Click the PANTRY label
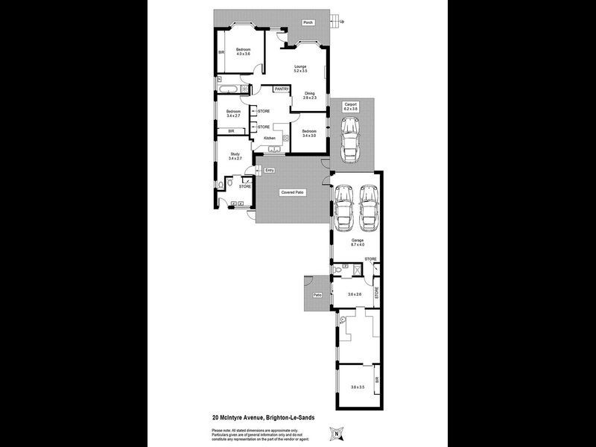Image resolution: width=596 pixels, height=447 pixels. tap(281, 89)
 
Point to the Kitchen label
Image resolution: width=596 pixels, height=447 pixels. tap(269, 138)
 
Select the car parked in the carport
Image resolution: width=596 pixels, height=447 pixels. tap(350, 140)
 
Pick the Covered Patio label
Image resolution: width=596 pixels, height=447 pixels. tap(292, 192)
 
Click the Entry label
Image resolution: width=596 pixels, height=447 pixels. tap(270, 171)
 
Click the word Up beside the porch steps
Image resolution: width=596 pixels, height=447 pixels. tap(342, 22)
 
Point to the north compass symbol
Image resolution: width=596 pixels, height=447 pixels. tap(338, 431)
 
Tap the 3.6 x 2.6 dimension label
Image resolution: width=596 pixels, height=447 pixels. tap(354, 294)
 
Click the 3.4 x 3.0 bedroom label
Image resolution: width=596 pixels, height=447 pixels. tap(309, 133)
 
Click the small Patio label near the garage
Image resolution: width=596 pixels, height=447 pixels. tap(317, 295)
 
